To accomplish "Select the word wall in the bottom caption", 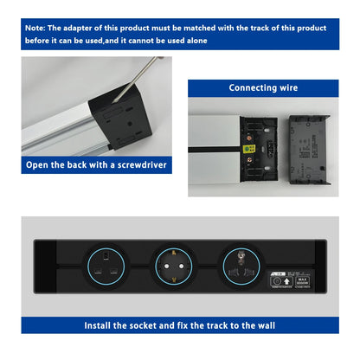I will (264, 326).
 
